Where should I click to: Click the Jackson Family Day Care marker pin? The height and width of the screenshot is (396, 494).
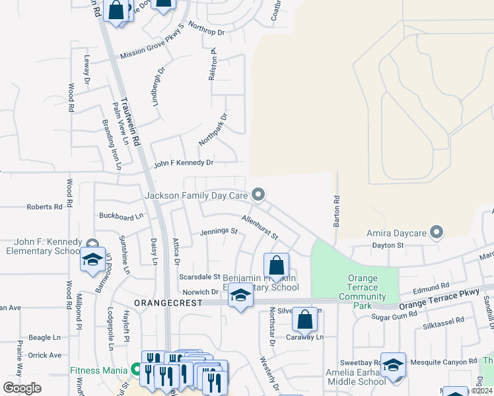[259, 194]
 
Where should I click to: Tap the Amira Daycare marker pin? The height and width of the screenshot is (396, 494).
[436, 232]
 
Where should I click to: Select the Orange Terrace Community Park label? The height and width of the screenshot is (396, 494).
[362, 288]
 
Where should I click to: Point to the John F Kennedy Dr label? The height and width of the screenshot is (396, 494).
[184, 162]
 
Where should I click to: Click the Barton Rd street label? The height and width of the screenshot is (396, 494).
[337, 211]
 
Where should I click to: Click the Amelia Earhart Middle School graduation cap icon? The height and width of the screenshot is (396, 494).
[393, 366]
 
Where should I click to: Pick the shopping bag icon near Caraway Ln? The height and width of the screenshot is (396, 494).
[304, 320]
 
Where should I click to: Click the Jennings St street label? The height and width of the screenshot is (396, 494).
[219, 232]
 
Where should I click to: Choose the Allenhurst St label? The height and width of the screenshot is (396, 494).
[260, 227]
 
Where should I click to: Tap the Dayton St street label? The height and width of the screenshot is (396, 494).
[388, 245]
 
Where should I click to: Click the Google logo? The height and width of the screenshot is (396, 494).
[22, 387]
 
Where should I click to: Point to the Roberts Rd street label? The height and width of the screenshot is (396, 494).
[44, 207]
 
